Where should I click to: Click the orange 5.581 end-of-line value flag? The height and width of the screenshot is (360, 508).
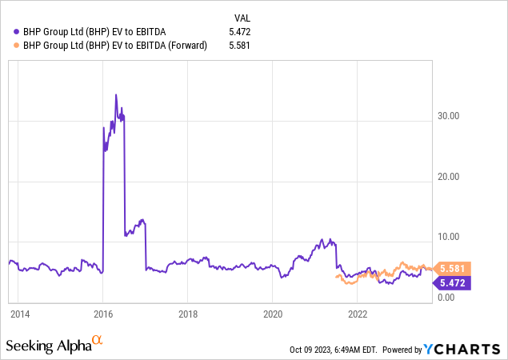pyautogui.click(x=453, y=269)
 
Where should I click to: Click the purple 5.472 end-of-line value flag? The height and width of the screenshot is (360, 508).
pyautogui.click(x=453, y=282)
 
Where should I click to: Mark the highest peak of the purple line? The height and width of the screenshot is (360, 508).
pyautogui.click(x=116, y=94)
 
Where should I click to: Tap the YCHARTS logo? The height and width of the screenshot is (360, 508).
pyautogui.click(x=464, y=349)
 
